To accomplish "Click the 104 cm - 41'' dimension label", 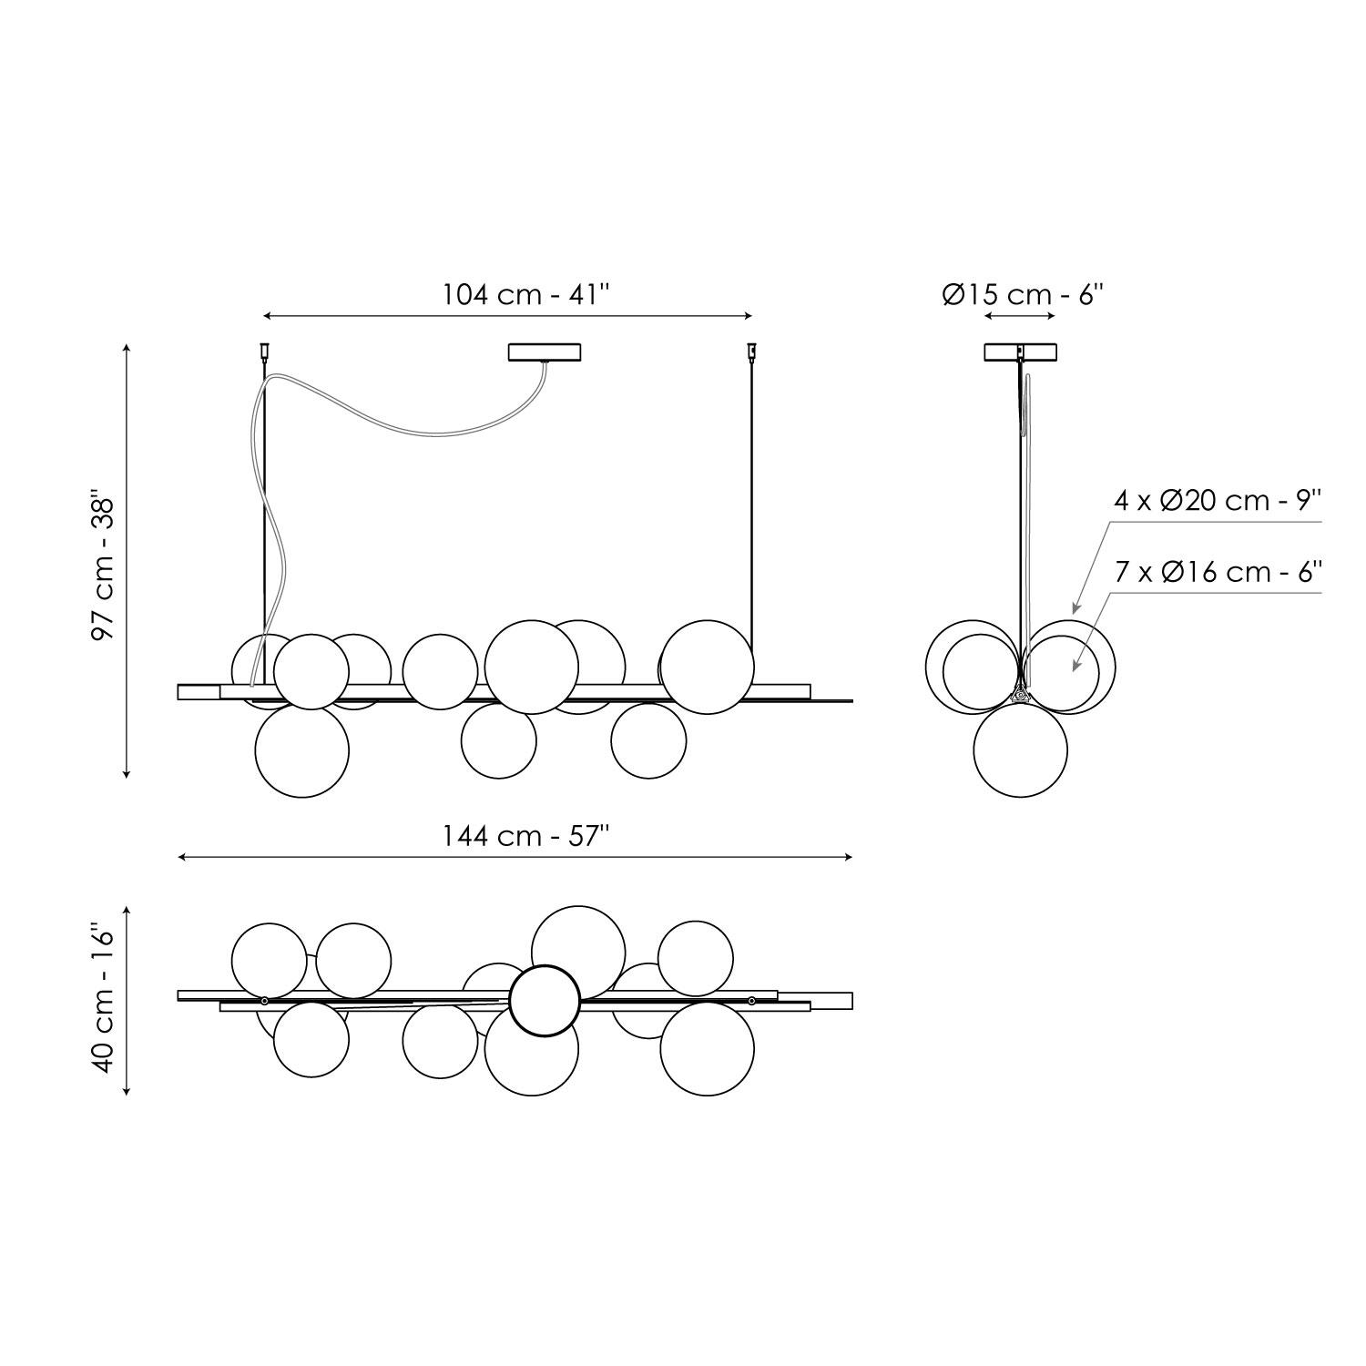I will [x=525, y=294].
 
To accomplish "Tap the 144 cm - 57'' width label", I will [x=525, y=835].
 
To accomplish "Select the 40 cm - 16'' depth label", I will [x=105, y=1001].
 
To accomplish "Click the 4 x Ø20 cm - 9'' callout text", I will [x=1218, y=501].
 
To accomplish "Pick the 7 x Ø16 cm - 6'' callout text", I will [x=1218, y=572].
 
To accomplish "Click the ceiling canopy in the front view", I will [x=545, y=352].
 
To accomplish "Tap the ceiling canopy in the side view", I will [x=1021, y=352].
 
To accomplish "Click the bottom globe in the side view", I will [x=1020, y=751].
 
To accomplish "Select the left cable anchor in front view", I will [x=265, y=350].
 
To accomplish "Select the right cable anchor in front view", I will [x=752, y=350].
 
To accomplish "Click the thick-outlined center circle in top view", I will [x=544, y=1001].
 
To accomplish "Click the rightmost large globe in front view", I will [x=707, y=667].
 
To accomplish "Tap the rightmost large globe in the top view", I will [x=707, y=1048].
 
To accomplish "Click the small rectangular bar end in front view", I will [x=199, y=692].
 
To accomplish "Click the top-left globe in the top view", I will [x=270, y=960].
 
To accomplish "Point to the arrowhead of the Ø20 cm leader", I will [x=1075, y=610].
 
